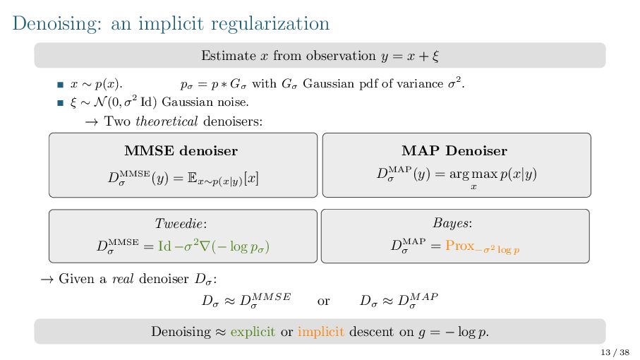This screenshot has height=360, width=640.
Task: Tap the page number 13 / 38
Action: coord(615,352)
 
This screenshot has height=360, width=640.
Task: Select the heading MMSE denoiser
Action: coord(181,150)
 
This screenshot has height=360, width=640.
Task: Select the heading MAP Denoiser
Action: coord(454,150)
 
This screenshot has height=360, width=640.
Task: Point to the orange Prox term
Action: coord(459,246)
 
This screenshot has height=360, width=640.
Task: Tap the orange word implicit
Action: coord(320,332)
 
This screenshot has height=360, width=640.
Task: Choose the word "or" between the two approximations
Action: coord(324,301)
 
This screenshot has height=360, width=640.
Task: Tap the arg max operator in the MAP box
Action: coord(473,174)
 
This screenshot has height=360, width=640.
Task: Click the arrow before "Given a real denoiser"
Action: coord(47,278)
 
